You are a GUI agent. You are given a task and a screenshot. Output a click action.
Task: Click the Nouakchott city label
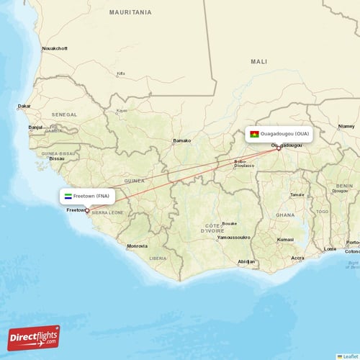pos(55,48)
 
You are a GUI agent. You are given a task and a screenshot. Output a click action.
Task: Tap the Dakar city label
pos(24,106)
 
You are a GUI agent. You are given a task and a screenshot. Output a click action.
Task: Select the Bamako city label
pos(181,140)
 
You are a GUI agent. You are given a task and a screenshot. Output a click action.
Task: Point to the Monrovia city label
pos(137,246)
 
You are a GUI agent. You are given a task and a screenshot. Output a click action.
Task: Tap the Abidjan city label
pos(246,261)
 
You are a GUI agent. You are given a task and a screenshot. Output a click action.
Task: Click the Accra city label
pos(297,257)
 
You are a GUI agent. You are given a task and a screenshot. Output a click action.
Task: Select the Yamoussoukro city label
pos(234,237)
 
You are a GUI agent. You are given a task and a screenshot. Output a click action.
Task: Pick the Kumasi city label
pos(285,239)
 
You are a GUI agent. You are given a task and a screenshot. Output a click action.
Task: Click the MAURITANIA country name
pos(130,13)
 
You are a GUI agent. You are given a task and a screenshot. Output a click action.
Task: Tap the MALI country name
pos(258,62)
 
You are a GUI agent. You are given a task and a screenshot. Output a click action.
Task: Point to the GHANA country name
pos(285,215)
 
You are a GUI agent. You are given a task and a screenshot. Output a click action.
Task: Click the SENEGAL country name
pos(64,114)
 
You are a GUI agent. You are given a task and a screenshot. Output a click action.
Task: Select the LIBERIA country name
pos(158,257)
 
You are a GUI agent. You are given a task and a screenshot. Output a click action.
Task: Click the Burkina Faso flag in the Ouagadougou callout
pos(254,134)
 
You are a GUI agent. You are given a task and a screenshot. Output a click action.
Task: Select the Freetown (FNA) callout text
pos(91,196)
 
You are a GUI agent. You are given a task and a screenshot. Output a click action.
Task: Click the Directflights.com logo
pos(34,337)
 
